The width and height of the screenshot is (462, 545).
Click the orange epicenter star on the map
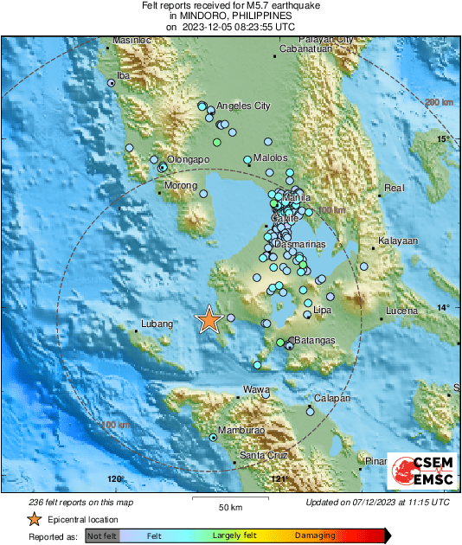click(x=209, y=320)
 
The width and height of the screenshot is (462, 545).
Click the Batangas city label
click(x=314, y=342)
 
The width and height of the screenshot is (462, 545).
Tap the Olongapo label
click(x=189, y=160)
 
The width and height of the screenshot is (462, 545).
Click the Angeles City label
click(x=243, y=106)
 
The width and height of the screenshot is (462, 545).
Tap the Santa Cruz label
click(x=263, y=456)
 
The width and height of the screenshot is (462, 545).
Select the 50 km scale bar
click(x=228, y=502)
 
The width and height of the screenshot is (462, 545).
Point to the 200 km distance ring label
click(x=440, y=103)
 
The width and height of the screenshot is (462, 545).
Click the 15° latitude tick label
click(x=444, y=139)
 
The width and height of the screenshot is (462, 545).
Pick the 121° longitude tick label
click(x=277, y=479)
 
